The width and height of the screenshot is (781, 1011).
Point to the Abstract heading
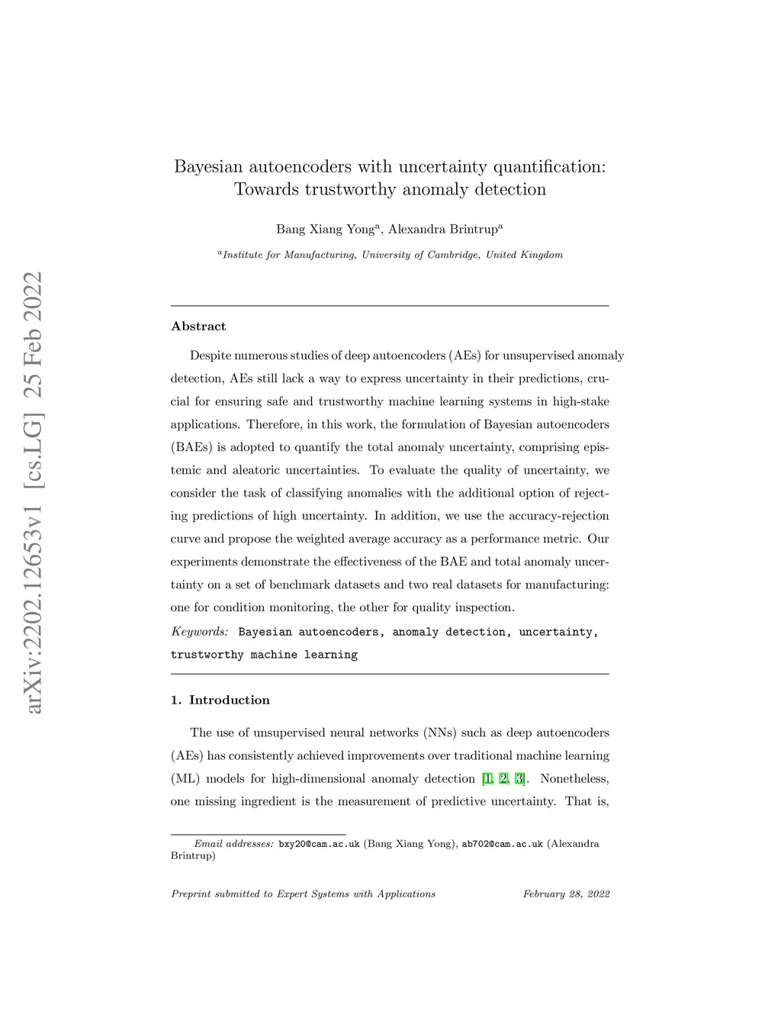198,327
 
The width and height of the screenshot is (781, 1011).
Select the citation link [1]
487,779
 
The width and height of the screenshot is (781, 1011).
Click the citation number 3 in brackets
519,779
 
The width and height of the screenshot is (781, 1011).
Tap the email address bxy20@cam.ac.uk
319,844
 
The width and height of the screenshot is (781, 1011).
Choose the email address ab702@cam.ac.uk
502,844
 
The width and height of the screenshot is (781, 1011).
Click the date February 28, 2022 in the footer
566,894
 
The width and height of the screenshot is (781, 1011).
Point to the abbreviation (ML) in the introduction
184,779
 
